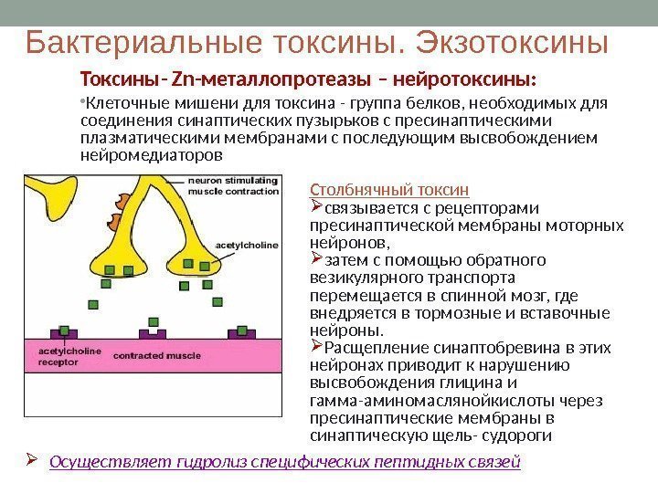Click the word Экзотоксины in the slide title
coord(512,42)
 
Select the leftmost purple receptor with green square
coord(65,331)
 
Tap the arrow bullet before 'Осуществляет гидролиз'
coord(32,461)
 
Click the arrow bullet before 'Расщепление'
coord(317,348)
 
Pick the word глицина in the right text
coord(475,383)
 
